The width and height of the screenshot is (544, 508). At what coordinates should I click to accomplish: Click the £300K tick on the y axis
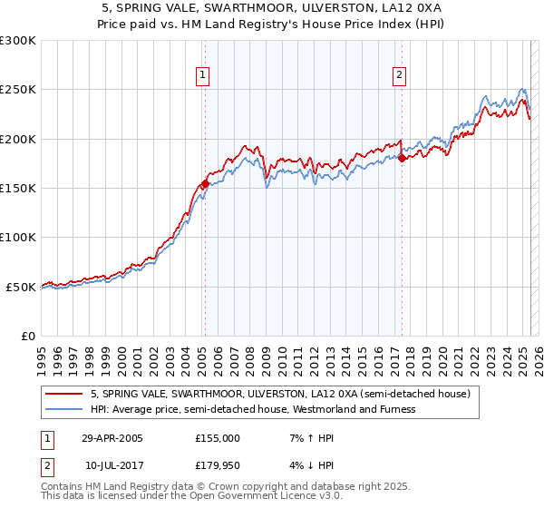18,41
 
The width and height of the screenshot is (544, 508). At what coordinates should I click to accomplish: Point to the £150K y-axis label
18,188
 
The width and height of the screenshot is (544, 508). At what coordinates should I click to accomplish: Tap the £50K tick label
22,287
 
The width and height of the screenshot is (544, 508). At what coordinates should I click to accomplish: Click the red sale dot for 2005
205,183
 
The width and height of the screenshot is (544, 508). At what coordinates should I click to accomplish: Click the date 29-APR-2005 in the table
112,438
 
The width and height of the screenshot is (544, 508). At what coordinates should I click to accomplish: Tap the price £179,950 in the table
218,465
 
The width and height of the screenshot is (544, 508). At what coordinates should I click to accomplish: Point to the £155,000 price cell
218,438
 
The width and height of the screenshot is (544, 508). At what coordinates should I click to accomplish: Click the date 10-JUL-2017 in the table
112,465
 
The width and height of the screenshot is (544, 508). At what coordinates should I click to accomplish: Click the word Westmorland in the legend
331,409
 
